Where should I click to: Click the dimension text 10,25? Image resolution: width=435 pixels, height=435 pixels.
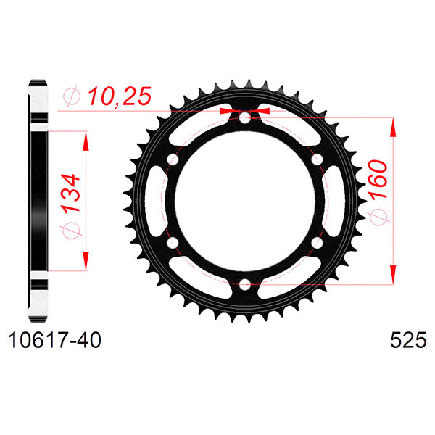pyautogui.click(x=119, y=95)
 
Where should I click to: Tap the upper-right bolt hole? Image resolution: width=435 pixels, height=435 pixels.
pyautogui.click(x=317, y=159)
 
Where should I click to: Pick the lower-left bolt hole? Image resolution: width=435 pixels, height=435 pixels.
pyautogui.click(x=173, y=242)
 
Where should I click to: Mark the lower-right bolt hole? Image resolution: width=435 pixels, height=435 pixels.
pyautogui.click(x=317, y=242)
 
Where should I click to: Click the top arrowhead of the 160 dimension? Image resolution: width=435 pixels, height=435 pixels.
pyautogui.click(x=394, y=126)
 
